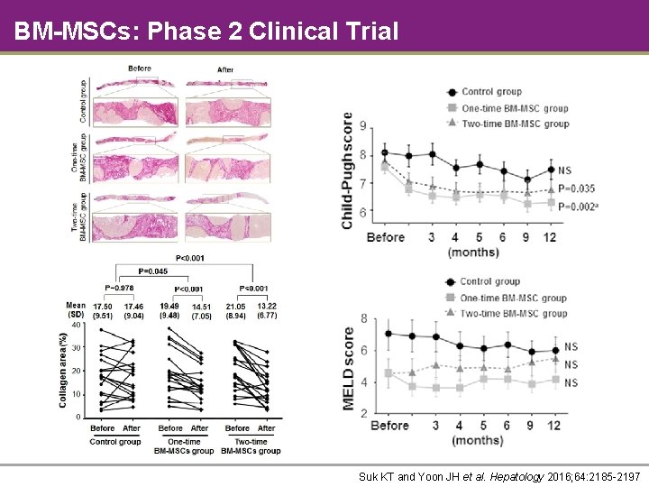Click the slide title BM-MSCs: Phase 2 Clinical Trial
pos(206,32)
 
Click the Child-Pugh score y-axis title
pos(348,170)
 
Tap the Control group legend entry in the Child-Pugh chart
pos(491,92)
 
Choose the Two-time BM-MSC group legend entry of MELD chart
pos(514,313)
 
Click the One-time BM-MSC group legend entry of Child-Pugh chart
pos(514,108)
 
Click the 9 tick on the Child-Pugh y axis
pos(363,126)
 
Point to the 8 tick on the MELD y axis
pos(363,318)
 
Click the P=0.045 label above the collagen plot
pos(152,271)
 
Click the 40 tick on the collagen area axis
pos(77,325)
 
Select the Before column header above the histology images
pos(140,69)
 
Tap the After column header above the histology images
pos(225,69)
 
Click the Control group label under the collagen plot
pos(115,442)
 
